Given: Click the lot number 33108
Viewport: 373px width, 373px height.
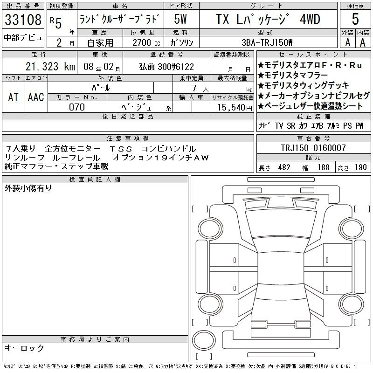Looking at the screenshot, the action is click(23, 20).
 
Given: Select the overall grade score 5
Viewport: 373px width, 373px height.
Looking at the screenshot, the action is click(355, 19).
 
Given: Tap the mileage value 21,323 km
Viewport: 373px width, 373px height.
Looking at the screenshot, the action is click(50, 67).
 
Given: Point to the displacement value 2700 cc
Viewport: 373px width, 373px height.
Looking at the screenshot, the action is click(146, 42).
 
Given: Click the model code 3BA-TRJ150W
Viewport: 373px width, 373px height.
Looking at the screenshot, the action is click(267, 42).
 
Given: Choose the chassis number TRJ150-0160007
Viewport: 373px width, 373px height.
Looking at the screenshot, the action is click(313, 148).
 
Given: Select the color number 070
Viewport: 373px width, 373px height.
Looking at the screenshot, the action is click(77, 107).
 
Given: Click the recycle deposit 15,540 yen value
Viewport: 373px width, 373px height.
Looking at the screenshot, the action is click(235, 107).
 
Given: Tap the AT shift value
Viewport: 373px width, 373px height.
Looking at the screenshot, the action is click(14, 97).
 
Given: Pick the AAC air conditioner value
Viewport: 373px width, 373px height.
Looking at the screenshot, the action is click(36, 97).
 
